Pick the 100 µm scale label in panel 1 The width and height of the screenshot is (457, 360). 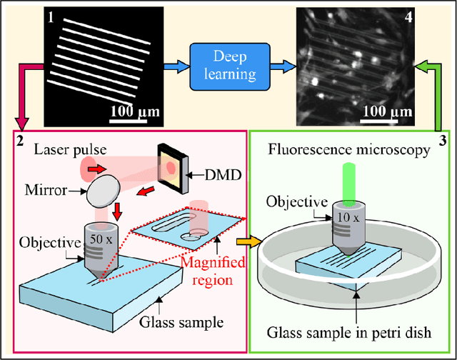pos(134,112)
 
